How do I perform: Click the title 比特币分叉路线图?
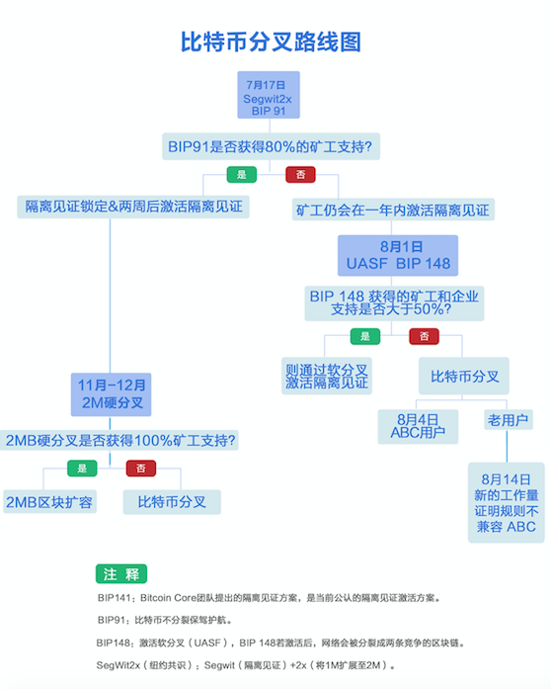pyautogui.click(x=271, y=43)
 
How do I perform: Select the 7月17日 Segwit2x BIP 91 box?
pyautogui.click(x=269, y=95)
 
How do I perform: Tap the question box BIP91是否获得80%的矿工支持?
pyautogui.click(x=271, y=146)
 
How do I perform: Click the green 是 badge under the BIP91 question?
pyautogui.click(x=242, y=174)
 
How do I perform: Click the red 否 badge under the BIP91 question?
pyautogui.click(x=301, y=174)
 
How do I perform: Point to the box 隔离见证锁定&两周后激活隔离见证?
pyautogui.click(x=133, y=207)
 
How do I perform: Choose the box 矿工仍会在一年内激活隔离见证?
pyautogui.click(x=393, y=210)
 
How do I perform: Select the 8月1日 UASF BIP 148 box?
pyautogui.click(x=398, y=255)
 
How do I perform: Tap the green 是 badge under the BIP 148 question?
pyautogui.click(x=365, y=336)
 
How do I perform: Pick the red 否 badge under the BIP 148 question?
pyautogui.click(x=425, y=336)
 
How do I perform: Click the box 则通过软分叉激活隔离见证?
pyautogui.click(x=327, y=377)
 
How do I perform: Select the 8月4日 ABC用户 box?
pyautogui.click(x=418, y=427)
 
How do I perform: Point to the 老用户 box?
pyautogui.click(x=509, y=420)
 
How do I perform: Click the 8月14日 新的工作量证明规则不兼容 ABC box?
pyautogui.click(x=507, y=503)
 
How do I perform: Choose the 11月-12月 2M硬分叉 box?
pyautogui.click(x=111, y=394)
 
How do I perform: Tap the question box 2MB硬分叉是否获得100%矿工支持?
pyautogui.click(x=119, y=440)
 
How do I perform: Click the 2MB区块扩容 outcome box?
pyautogui.click(x=49, y=502)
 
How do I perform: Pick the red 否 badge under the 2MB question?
pyautogui.click(x=141, y=469)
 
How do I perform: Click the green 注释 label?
pyautogui.click(x=121, y=574)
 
